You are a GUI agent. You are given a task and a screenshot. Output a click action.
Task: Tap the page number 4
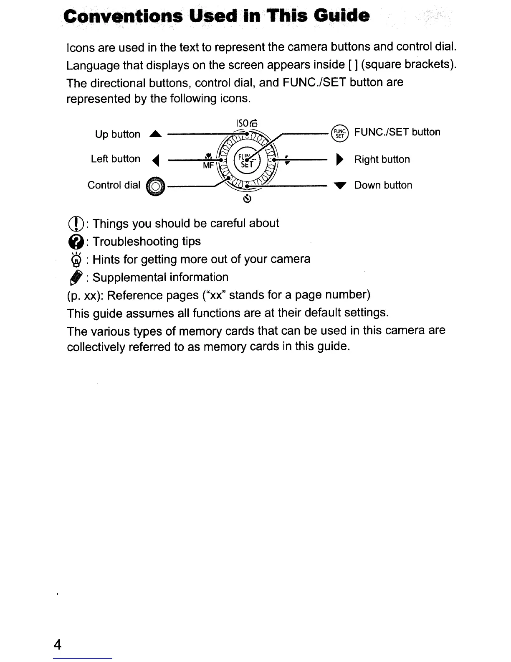point(58,644)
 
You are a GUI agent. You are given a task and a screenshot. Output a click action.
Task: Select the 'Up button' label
point(117,134)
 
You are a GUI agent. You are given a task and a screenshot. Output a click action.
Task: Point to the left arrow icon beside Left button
point(155,160)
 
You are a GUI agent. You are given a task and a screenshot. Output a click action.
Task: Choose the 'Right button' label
point(382,159)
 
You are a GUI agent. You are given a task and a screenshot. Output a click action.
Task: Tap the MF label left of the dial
point(208,165)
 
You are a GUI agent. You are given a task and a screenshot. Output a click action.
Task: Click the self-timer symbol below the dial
point(247,199)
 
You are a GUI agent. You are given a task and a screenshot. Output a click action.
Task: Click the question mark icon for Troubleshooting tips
point(75,242)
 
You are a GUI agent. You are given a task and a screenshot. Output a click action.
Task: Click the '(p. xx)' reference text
point(85,295)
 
